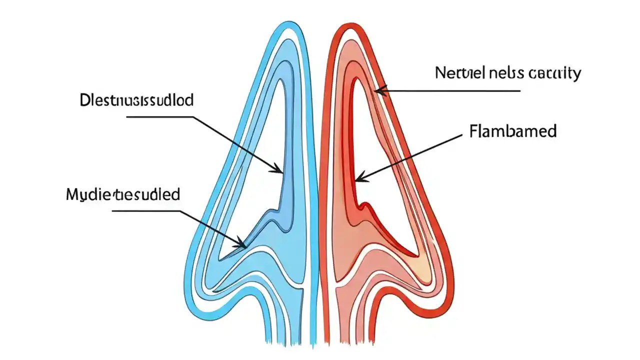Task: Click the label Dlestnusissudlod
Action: [136, 100]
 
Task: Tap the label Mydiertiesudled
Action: [123, 194]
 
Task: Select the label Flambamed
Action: [513, 131]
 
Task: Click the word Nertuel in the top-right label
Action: [460, 73]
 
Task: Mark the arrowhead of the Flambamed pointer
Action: [358, 178]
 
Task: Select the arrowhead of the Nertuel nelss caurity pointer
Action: [378, 90]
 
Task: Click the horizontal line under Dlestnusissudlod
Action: [160, 117]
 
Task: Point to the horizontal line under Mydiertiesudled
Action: [145, 211]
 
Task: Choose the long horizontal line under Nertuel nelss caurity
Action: [450, 91]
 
